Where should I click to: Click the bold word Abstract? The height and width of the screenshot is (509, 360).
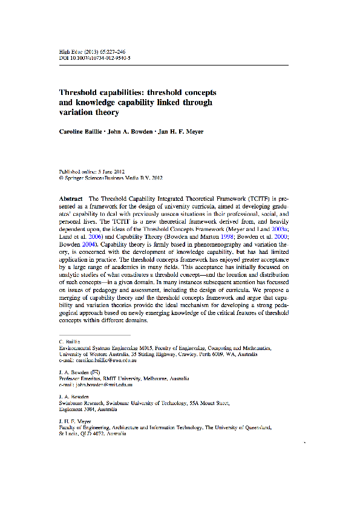click(x=71, y=198)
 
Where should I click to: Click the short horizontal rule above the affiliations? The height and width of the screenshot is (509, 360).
click(x=94, y=334)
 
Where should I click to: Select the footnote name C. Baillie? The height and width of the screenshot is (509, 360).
click(x=70, y=342)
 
